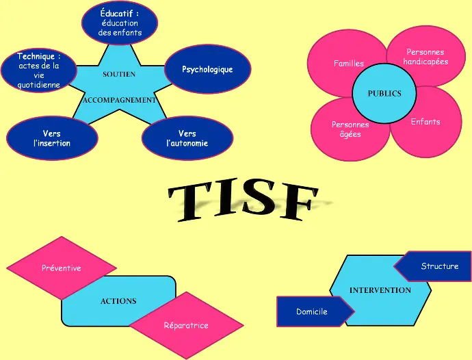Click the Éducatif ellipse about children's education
click(120, 22)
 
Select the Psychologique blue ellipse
click(207, 70)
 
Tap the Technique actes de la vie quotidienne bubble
click(38, 70)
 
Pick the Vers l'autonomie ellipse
click(187, 138)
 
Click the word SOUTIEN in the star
click(119, 74)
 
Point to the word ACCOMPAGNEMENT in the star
click(119, 100)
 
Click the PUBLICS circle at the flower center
click(384, 94)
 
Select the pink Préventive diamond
click(61, 268)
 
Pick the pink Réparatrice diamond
click(186, 325)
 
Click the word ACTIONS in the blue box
click(118, 301)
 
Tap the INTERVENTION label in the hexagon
click(380, 290)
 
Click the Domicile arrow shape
click(312, 312)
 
